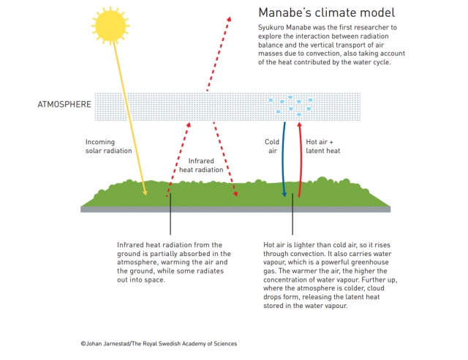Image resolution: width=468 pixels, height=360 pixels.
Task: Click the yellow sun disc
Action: tap(110, 26)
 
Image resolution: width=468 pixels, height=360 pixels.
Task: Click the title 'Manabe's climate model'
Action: tap(327, 12)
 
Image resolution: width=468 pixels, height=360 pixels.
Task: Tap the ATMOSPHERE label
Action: tap(64, 104)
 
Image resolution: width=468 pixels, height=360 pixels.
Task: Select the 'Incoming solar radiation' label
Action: tap(109, 146)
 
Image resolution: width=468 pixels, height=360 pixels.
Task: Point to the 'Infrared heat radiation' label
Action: tap(201, 165)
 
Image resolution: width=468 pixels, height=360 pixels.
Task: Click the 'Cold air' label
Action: tap(272, 146)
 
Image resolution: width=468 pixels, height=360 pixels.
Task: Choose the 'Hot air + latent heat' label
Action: tap(323, 146)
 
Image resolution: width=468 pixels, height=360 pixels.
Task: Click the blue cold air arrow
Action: tap(283, 160)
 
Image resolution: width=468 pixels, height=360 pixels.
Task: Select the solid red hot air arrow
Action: tap(301, 160)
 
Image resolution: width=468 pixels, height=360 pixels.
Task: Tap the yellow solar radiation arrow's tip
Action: tap(146, 195)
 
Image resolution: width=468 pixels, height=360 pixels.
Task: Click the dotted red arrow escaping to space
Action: tap(218, 53)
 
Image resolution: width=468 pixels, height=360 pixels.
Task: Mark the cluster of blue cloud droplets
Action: tap(290, 106)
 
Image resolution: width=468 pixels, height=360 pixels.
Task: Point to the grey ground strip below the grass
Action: tap(235, 209)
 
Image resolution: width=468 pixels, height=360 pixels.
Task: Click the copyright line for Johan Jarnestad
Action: tap(159, 344)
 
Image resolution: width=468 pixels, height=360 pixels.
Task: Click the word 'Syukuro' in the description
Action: tap(271, 28)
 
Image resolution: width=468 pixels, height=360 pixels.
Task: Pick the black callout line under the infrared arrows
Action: tap(170, 214)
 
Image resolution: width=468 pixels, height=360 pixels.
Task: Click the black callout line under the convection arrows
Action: tap(292, 214)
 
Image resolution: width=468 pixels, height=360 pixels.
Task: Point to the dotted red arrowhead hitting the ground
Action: tap(235, 195)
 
